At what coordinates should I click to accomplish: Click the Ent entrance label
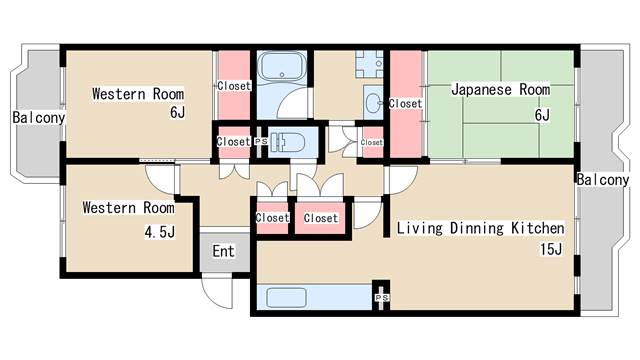click(x=224, y=251)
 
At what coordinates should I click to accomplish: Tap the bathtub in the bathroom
click(x=282, y=66)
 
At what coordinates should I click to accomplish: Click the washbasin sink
click(x=373, y=102)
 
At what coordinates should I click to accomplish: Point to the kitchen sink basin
click(x=286, y=297)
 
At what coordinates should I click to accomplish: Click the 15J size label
click(x=551, y=249)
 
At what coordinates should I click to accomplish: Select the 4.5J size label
click(x=160, y=232)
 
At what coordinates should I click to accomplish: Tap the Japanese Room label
click(x=500, y=89)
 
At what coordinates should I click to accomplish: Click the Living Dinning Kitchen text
click(x=480, y=228)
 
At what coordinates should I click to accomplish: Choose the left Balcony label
click(x=39, y=118)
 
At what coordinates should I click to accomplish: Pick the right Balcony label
click(x=602, y=180)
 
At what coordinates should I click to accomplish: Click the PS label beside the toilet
click(x=261, y=141)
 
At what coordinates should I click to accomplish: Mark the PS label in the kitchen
click(x=382, y=298)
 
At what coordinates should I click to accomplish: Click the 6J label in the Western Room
click(x=177, y=112)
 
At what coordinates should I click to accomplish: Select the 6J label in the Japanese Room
click(x=542, y=115)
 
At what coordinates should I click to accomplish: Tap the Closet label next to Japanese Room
click(x=405, y=104)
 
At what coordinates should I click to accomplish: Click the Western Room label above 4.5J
click(x=128, y=207)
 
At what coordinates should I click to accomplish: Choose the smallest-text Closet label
click(x=371, y=142)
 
